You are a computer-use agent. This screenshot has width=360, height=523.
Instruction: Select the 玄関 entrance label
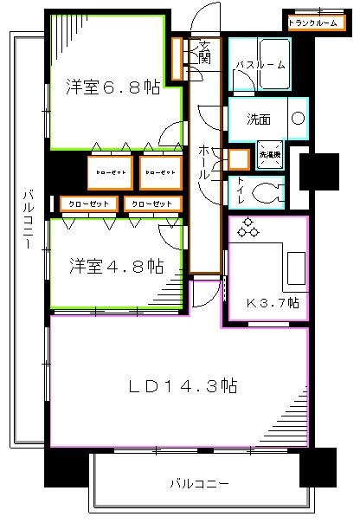click(204, 54)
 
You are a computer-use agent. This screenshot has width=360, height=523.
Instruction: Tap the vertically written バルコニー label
click(29, 231)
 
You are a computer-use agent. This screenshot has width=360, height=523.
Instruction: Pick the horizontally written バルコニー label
click(198, 482)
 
